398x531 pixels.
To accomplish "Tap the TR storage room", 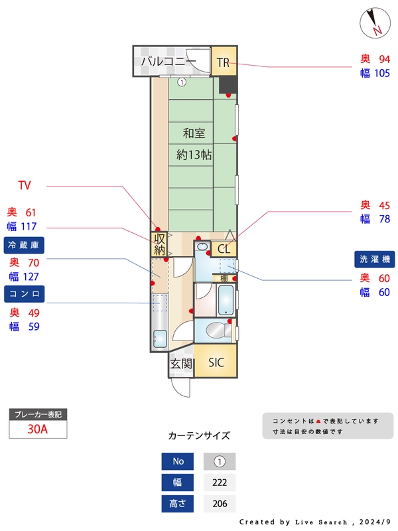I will tap(223, 63).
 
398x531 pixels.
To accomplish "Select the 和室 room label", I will tap(194, 133).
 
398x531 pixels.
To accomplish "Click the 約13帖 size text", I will tap(194, 155).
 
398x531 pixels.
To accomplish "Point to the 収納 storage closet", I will tap(159, 244).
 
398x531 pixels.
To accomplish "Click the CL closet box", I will tap(224, 249).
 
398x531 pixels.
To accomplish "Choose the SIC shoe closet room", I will tap(216, 362).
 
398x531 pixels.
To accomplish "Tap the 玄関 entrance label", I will tap(180, 364).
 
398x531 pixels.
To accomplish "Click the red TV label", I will tap(25, 185).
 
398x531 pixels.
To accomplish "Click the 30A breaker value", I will tap(38, 429).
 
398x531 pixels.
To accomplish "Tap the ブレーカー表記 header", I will tap(38, 414).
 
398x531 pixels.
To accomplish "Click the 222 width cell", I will tap(219, 483).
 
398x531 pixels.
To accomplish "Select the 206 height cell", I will tap(219, 504).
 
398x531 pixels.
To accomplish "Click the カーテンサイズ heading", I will tap(199, 436).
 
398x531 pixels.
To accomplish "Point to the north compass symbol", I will tap(375, 23).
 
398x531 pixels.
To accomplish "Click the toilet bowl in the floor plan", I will tap(216, 330).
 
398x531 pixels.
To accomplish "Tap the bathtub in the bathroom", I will tap(226, 300).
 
